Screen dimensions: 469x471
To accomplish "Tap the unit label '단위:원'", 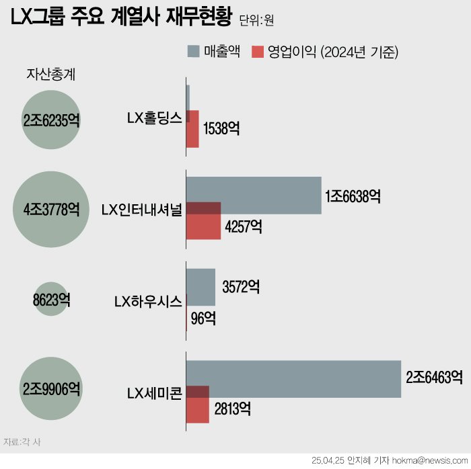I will click(x=256, y=22).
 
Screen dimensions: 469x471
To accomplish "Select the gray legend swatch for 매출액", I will click(x=192, y=51).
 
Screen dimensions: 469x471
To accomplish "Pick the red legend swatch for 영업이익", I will click(x=256, y=51).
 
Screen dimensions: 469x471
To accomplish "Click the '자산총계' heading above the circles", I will click(x=50, y=75).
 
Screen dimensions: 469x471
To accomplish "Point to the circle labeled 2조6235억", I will click(x=51, y=121).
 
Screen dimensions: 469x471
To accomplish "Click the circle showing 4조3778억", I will click(x=51, y=209).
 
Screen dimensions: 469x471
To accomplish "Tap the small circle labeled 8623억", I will click(x=51, y=300).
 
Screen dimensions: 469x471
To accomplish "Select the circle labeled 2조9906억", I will click(x=51, y=388).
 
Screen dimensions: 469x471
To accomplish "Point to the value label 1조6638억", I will click(x=353, y=196).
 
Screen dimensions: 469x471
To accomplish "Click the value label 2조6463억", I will click(x=434, y=378).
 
